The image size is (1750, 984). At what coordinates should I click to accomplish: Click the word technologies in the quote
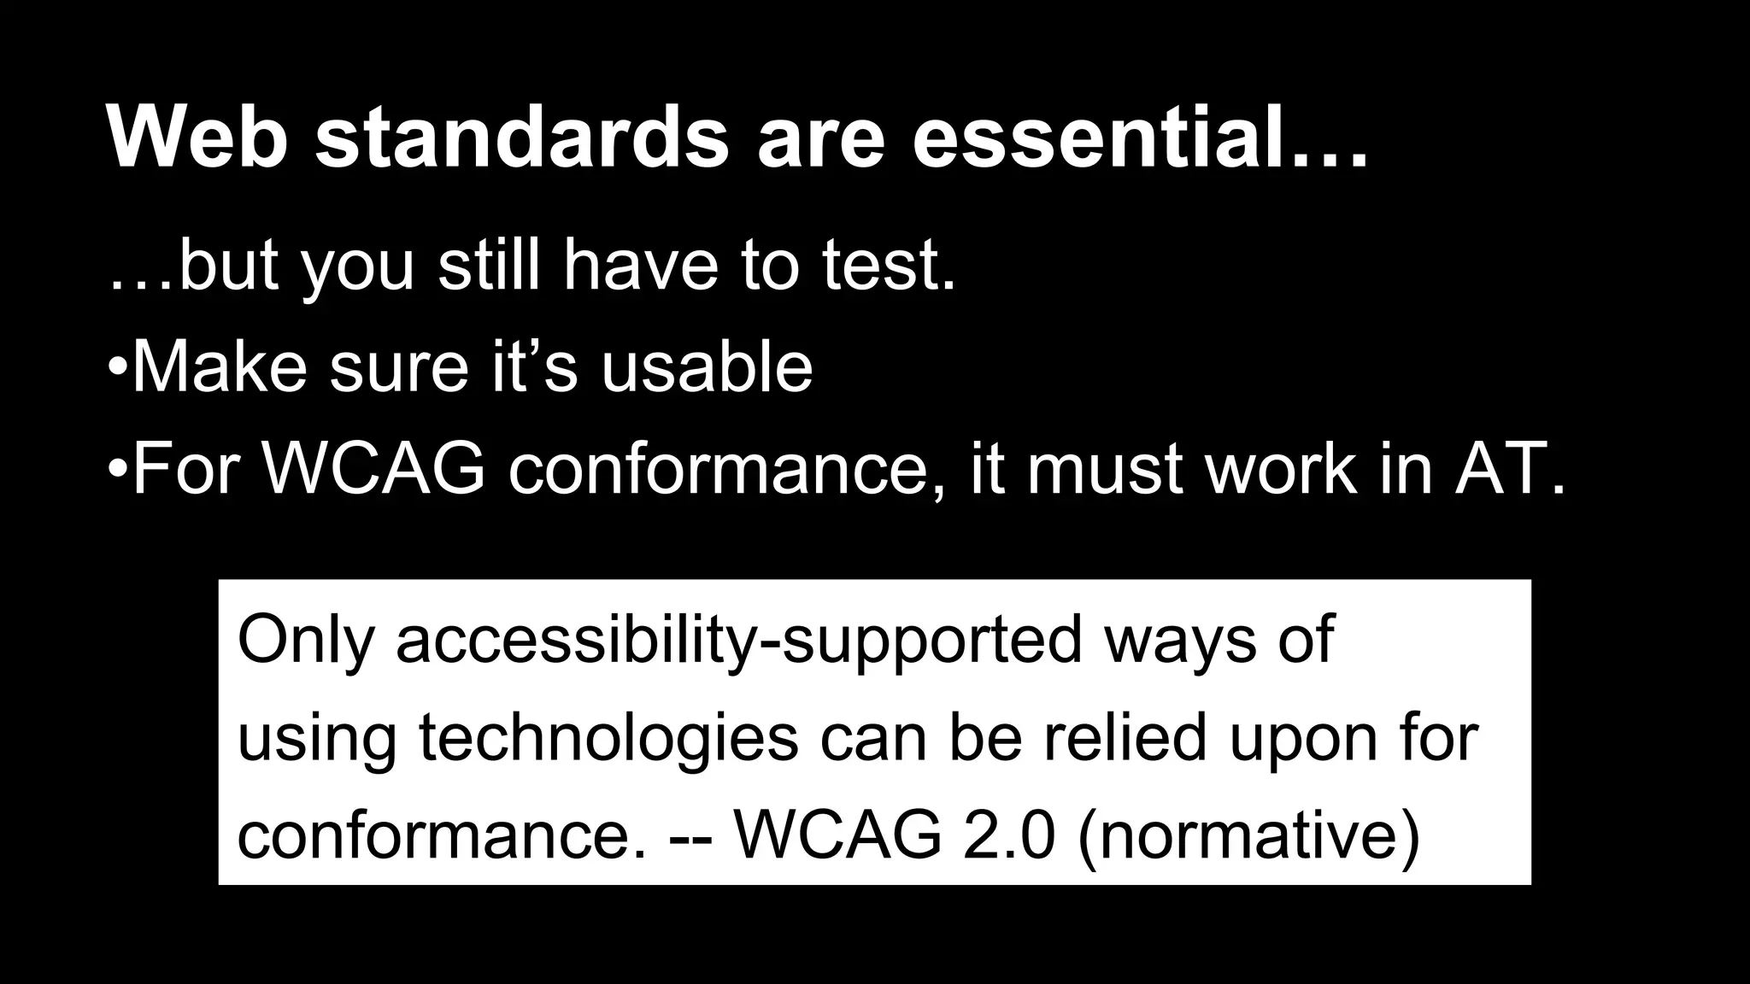[608, 739]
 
